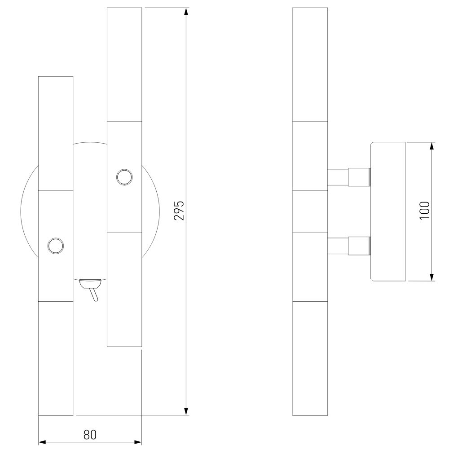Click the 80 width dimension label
click(90, 435)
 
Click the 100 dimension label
click(425, 211)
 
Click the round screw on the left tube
click(56, 246)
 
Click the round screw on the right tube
click(124, 177)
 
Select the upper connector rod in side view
click(349, 177)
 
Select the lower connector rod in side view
click(349, 246)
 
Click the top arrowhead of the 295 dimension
click(186, 12)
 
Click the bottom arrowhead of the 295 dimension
click(186, 411)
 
